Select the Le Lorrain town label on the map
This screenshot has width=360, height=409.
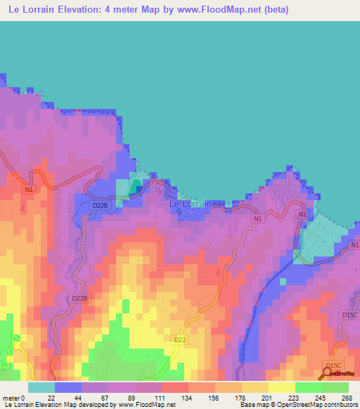click(191, 204)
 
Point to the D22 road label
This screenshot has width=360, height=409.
click(181, 339)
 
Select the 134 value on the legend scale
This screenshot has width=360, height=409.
click(188, 398)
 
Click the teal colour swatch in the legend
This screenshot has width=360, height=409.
click(41, 387)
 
